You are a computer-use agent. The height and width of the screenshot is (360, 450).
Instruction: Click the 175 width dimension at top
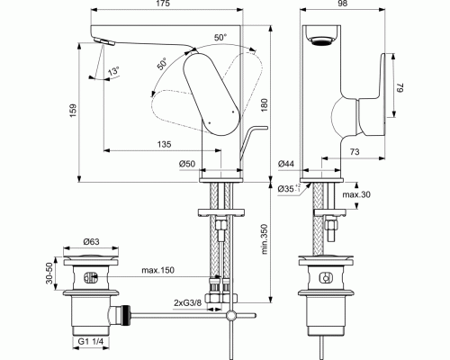[163, 4]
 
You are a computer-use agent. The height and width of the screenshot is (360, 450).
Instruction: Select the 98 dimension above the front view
[342, 4]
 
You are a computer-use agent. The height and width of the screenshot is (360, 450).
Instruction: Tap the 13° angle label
[113, 72]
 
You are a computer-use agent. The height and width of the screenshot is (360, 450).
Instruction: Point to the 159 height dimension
[74, 111]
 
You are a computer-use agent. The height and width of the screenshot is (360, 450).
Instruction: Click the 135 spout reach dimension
[164, 144]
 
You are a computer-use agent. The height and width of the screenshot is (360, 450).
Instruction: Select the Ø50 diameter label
[187, 164]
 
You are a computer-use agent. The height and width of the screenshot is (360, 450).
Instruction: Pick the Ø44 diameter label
[286, 164]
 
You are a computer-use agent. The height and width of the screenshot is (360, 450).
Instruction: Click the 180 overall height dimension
[265, 105]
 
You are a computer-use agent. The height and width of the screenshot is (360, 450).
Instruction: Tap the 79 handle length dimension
[400, 89]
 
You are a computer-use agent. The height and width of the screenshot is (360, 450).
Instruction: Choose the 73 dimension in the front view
[355, 152]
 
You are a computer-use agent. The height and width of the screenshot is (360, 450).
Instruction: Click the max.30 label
[356, 194]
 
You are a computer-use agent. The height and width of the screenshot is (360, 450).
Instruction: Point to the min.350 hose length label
[265, 238]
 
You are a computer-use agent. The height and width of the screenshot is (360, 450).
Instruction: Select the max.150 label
[157, 270]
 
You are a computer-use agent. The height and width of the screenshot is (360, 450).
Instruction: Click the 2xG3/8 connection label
[188, 302]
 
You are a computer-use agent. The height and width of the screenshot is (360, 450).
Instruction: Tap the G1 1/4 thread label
[91, 341]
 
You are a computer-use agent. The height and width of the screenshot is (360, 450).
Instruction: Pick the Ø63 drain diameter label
[91, 241]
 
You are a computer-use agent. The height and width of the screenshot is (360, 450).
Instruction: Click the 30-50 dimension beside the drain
[49, 273]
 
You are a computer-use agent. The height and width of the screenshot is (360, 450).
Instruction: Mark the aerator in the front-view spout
[322, 40]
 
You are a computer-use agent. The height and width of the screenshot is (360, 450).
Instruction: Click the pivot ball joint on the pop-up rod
[231, 315]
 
